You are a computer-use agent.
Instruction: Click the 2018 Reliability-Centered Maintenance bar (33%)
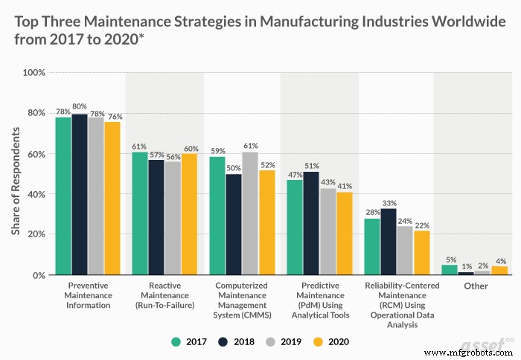click(x=388, y=242)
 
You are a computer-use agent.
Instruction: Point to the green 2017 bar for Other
click(x=449, y=270)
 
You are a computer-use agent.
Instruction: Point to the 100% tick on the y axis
click(x=34, y=74)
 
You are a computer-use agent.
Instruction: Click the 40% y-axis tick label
click(x=36, y=195)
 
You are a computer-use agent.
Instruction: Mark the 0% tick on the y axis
click(x=38, y=275)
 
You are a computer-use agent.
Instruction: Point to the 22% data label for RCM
click(x=422, y=225)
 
